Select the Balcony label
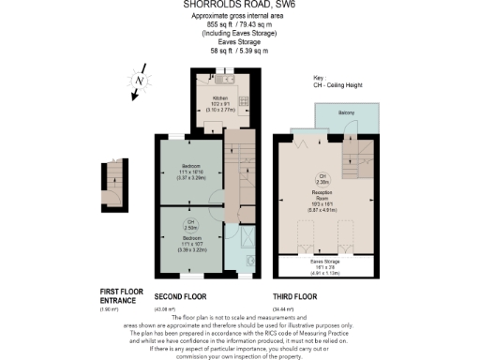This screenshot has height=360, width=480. tap(345, 113)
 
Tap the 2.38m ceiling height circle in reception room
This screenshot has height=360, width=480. tap(322, 177)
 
